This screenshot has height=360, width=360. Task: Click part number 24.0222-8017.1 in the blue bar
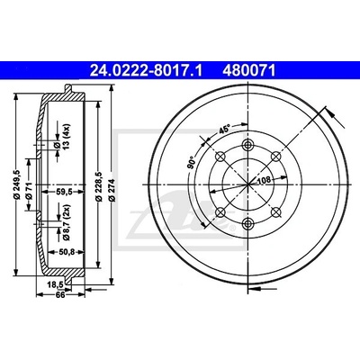(147, 71)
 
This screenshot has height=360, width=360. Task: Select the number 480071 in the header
(248, 71)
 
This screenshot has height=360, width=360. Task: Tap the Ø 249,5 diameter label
(17, 184)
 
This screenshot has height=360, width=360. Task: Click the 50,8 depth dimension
(67, 252)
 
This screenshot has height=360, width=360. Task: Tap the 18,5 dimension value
(55, 283)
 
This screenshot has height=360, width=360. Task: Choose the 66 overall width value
(61, 294)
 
